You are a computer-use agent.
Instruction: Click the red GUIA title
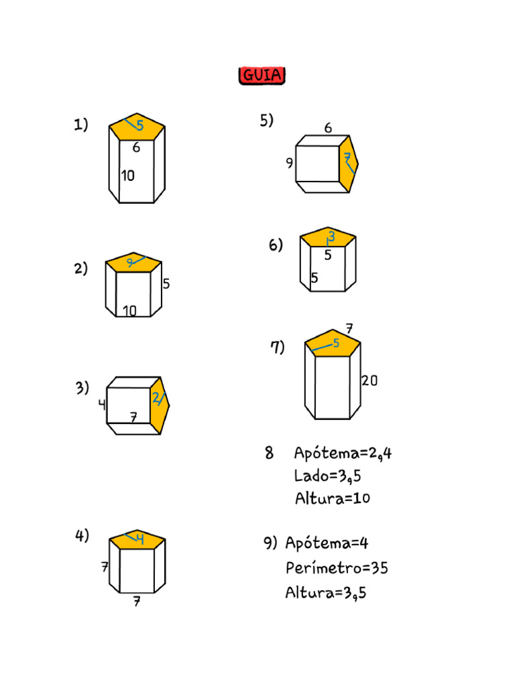pos(262,75)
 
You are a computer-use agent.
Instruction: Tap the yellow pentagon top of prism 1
pos(137,127)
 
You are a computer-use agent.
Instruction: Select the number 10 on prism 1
pos(128,176)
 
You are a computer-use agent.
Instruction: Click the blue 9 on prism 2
pos(130,263)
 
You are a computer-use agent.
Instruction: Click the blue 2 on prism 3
pos(156,398)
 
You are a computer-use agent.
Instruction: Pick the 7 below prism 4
pos(137,602)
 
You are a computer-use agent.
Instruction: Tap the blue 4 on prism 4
pos(139,537)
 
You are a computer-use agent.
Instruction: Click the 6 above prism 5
pos(328,128)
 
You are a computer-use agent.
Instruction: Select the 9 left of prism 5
pos(290,163)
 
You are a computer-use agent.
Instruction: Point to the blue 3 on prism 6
pos(331,236)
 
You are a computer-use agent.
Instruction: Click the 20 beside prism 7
pos(369,381)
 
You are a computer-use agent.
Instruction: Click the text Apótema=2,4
pos(343,453)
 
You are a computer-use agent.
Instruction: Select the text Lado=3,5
pos(327,476)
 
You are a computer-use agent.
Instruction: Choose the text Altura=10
pos(333,498)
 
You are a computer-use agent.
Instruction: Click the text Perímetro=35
pos(337,568)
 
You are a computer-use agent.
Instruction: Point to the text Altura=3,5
pos(326,592)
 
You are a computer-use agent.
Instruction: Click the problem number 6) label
pos(276,245)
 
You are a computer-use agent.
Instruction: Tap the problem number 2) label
pos(81,268)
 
